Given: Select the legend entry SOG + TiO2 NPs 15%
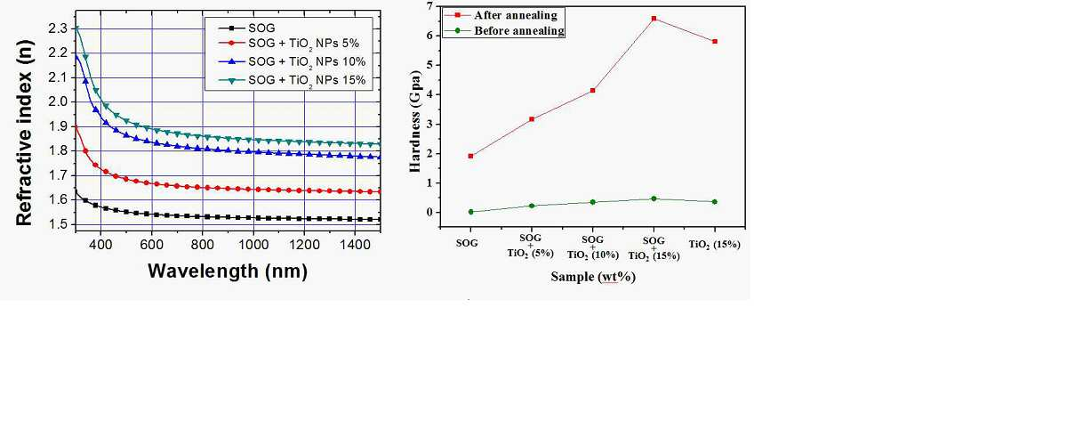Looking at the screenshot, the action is click(x=292, y=80).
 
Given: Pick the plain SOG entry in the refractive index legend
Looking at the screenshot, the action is click(x=247, y=28).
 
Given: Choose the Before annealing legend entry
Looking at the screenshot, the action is click(x=504, y=30).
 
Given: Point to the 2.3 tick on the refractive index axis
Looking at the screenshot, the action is click(x=58, y=28).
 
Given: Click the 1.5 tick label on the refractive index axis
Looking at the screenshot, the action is click(x=58, y=224).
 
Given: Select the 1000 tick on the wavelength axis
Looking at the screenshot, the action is click(x=253, y=245).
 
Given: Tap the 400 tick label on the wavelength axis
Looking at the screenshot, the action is click(x=101, y=245).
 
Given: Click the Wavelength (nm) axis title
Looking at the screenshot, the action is click(x=228, y=271).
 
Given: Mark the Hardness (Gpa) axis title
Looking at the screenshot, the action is click(x=415, y=122).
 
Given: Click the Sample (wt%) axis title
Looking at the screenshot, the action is click(x=593, y=277).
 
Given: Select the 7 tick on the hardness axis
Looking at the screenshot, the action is click(x=429, y=6).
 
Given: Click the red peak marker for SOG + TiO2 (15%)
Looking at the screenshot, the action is click(x=654, y=19).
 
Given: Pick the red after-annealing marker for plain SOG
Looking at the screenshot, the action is click(x=470, y=156).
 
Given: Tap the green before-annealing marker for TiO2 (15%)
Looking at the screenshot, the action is click(x=715, y=202).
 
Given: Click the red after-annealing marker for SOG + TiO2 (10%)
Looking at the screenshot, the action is click(x=592, y=91).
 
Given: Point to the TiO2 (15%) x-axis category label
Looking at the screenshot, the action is click(x=715, y=245).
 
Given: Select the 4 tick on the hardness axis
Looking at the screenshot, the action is click(x=429, y=94).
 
